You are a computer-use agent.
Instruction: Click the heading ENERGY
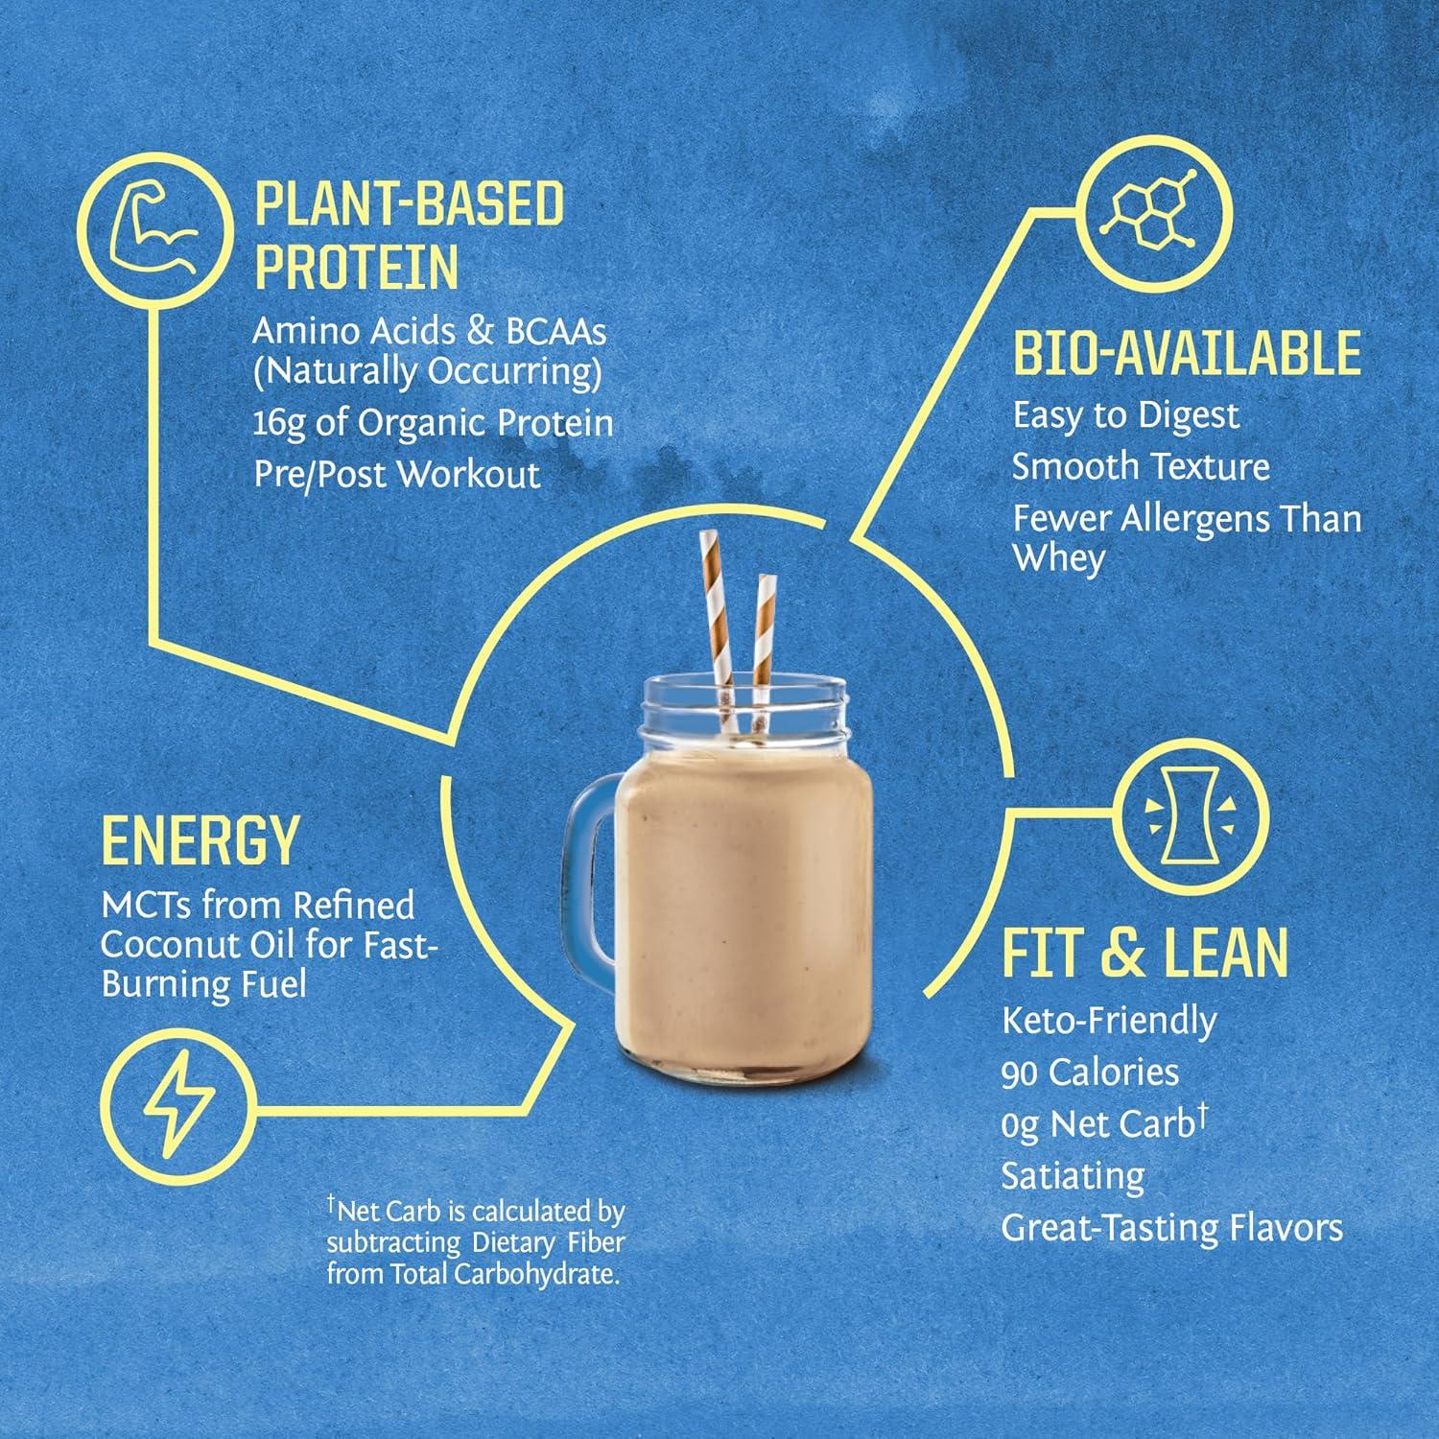click(200, 841)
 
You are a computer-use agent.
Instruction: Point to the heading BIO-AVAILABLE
click(1187, 353)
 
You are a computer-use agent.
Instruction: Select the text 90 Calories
click(1090, 1072)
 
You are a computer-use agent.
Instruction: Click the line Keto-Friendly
click(1108, 1020)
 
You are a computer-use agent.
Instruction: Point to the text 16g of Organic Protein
click(433, 423)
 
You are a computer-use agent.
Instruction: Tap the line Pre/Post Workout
click(397, 474)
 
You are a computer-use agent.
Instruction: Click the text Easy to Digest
click(1125, 415)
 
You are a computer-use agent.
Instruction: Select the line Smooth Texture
click(1141, 466)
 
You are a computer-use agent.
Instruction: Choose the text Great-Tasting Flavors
click(1171, 1227)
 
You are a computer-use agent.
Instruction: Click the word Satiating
click(1073, 1175)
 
